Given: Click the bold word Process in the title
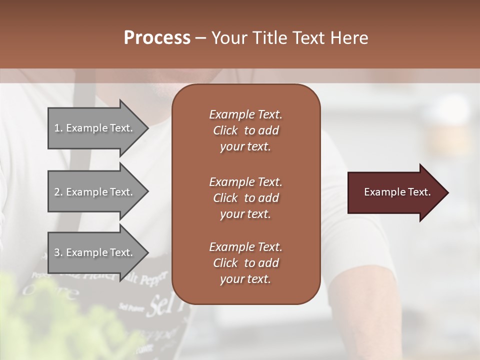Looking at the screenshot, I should coord(157,38).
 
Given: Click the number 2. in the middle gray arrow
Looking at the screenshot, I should coord(58,192).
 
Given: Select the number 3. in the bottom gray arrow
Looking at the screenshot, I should coord(58,252).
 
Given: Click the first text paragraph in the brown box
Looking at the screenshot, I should coord(245,130).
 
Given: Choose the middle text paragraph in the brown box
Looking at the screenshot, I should coord(245,197).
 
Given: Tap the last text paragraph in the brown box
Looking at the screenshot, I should coord(245,263).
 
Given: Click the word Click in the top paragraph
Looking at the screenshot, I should coord(225,130).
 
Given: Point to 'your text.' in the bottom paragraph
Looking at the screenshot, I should coord(245,279).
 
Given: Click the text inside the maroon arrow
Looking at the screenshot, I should coord(397,192).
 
